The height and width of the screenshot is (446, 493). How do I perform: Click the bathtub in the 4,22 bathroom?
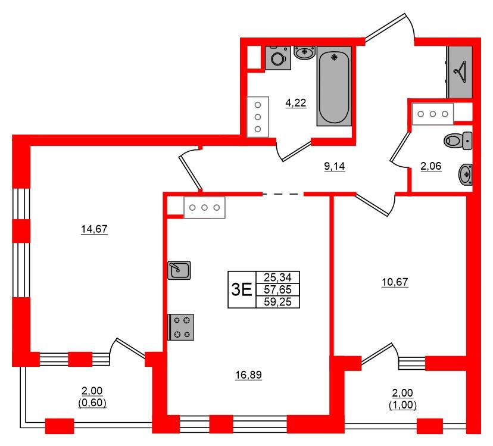pyautogui.click(x=334, y=86)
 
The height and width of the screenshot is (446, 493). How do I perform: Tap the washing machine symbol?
pyautogui.click(x=278, y=58)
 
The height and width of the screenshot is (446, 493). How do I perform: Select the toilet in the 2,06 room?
pyautogui.click(x=458, y=141)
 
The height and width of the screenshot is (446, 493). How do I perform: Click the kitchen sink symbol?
pyautogui.click(x=179, y=270)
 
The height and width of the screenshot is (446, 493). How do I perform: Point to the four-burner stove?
pyautogui.click(x=181, y=327)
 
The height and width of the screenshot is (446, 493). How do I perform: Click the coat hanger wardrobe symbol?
pyautogui.click(x=459, y=72)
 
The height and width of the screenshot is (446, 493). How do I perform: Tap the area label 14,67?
pyautogui.click(x=94, y=229)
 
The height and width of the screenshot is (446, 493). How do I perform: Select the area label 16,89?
pyautogui.click(x=248, y=375)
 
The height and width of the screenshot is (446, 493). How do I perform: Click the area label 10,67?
pyautogui.click(x=395, y=282)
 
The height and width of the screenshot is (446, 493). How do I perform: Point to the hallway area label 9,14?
pyautogui.click(x=335, y=166)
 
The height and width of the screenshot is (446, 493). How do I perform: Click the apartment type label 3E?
pyautogui.click(x=242, y=289)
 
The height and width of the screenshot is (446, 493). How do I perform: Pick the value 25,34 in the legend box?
pyautogui.click(x=277, y=277)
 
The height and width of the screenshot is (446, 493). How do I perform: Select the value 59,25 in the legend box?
pyautogui.click(x=277, y=302)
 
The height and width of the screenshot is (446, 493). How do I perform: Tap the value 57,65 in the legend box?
pyautogui.click(x=277, y=289)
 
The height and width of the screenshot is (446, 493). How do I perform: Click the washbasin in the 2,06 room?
pyautogui.click(x=466, y=174)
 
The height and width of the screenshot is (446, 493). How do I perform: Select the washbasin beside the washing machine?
pyautogui.click(x=304, y=52)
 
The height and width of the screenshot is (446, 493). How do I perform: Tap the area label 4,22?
pyautogui.click(x=296, y=103)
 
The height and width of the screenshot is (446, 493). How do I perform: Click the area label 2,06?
pyautogui.click(x=431, y=166)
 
